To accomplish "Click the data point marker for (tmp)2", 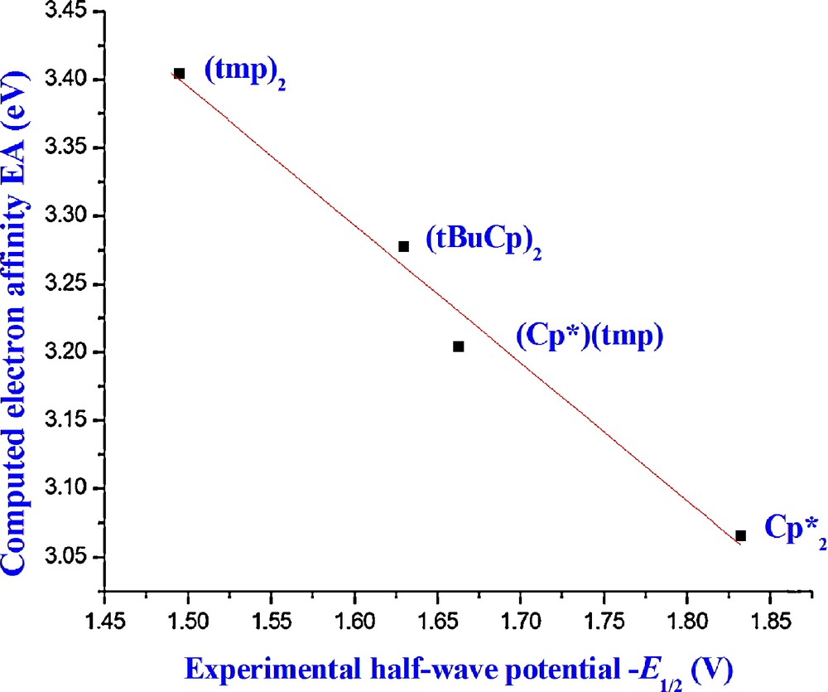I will tap(179, 74).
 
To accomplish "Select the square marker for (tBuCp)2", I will tap(404, 246).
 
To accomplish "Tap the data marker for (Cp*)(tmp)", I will tap(459, 346).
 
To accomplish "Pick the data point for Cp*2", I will tap(740, 535).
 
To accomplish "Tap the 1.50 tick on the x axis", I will tap(189, 619).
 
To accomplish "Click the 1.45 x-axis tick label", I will tap(106, 619).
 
